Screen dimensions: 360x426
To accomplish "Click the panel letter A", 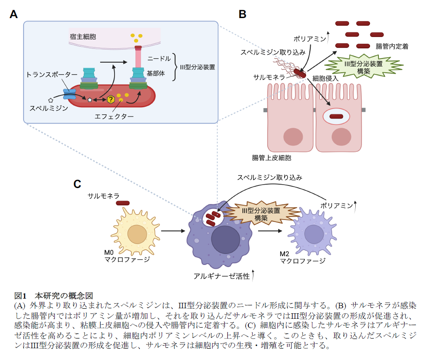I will point(13,14).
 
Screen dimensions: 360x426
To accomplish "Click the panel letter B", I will point(242,14).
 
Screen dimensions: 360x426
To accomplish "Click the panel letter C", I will point(77,184).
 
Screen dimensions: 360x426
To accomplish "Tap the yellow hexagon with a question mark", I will point(111,100).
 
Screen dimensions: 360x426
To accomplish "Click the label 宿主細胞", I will point(83,37).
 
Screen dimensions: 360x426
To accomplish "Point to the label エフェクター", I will point(114,116).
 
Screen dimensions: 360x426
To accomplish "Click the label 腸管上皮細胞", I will point(272,158).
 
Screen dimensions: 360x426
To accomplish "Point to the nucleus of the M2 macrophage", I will point(313,234).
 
